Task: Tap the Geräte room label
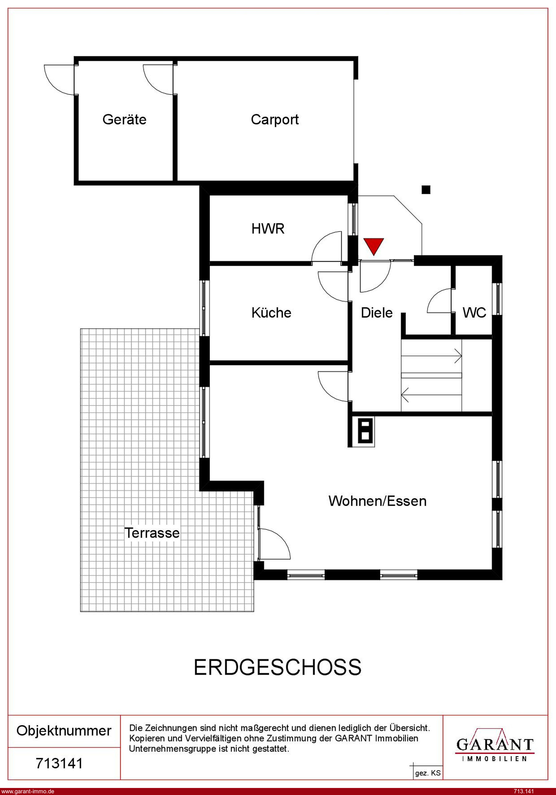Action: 124,119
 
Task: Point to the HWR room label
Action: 268,229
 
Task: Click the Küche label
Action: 271,313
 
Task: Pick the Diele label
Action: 377,313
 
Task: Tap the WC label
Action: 475,313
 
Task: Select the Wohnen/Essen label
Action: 378,501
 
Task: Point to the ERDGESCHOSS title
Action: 278,668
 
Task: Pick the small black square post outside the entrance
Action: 426,189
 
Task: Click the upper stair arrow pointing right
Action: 432,356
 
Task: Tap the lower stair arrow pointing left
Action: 432,395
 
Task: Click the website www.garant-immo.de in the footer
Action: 28,791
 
